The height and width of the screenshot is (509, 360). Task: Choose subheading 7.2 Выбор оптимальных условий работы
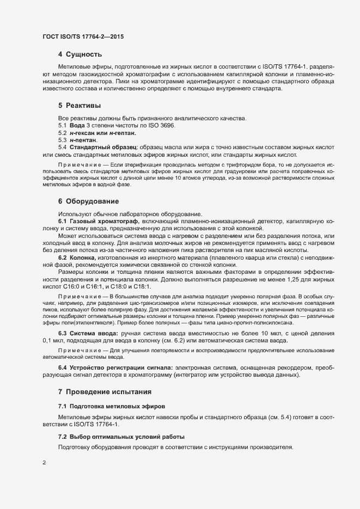(x=121, y=437)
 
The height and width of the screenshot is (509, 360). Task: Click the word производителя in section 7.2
(x=269, y=447)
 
